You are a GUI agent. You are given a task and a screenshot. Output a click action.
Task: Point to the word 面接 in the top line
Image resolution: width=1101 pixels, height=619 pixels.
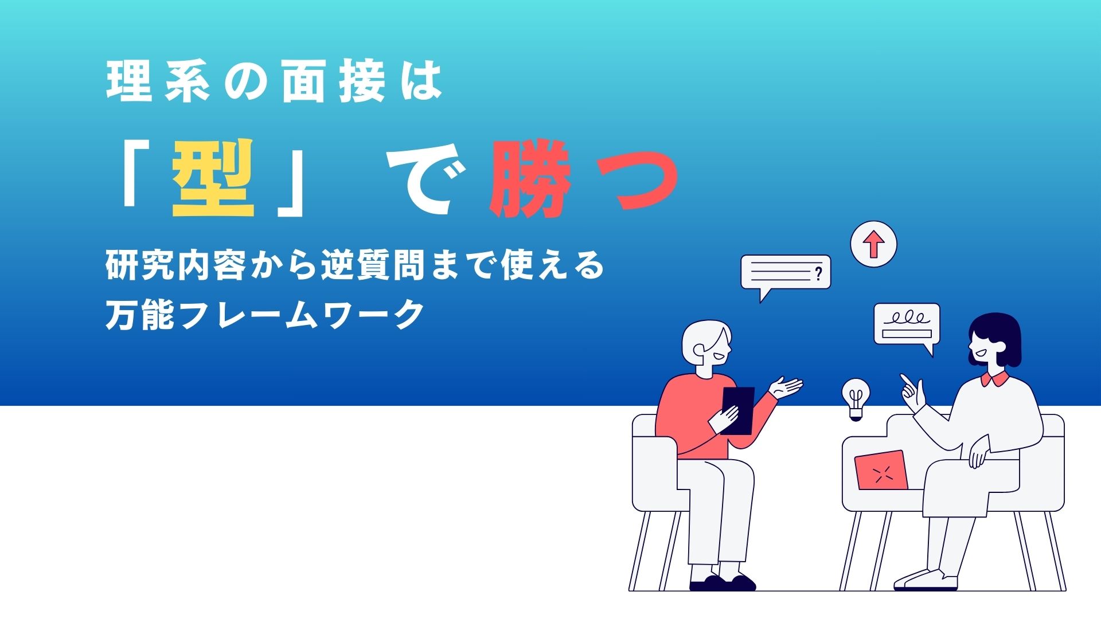coord(333,84)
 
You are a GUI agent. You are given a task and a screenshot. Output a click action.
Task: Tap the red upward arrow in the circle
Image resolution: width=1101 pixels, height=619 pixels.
coord(873,245)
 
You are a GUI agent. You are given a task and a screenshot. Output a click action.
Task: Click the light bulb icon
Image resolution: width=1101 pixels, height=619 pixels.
coord(856,400)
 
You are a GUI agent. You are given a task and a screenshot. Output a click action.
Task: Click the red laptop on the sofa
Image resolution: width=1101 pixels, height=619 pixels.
coord(881,471)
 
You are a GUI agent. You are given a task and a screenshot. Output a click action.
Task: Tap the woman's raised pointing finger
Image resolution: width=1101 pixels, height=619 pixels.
coord(905,380)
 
